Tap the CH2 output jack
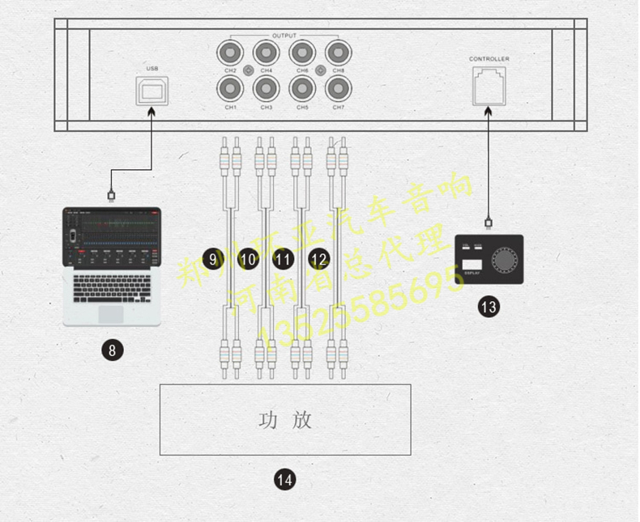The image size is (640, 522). (229, 54)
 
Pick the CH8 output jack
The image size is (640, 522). (338, 54)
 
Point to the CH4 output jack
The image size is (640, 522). (266, 54)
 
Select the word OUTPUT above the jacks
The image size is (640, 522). (284, 36)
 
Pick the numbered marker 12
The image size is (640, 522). (318, 259)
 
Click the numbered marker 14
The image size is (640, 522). (284, 479)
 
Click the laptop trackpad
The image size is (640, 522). (111, 313)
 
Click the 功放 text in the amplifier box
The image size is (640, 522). (284, 420)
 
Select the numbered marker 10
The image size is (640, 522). (249, 259)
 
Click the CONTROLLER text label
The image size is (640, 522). (489, 59)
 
